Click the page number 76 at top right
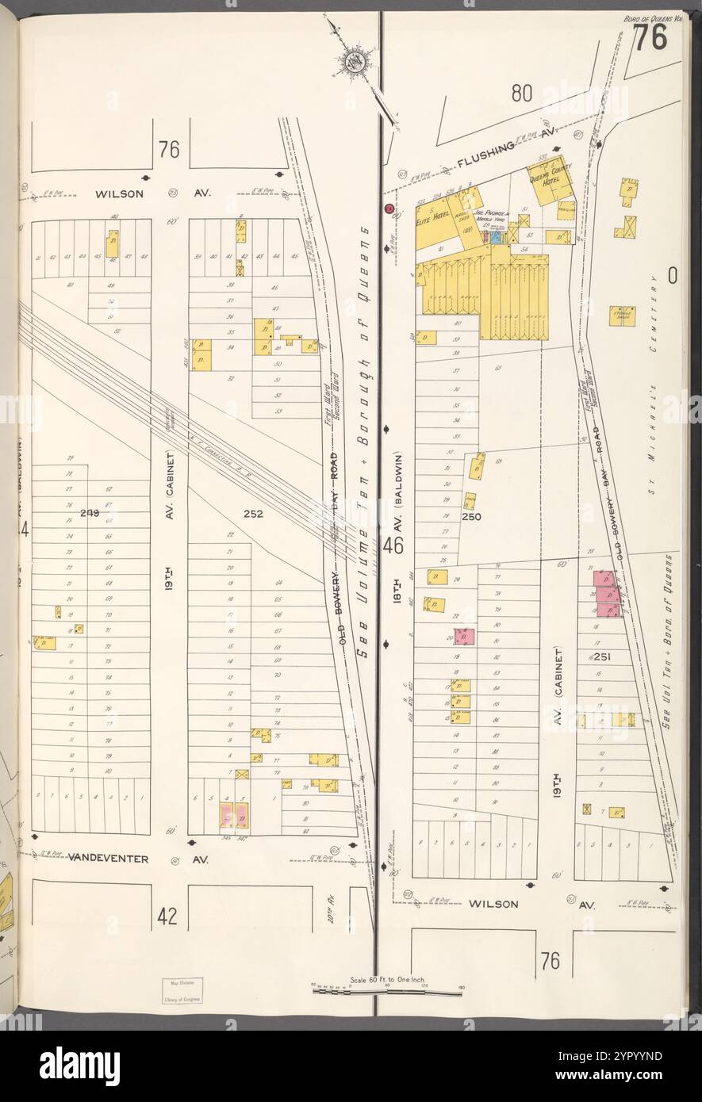pyautogui.click(x=649, y=41)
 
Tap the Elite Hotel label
pyautogui.click(x=435, y=213)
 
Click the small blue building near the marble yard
pyautogui.click(x=496, y=236)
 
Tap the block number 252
pyautogui.click(x=253, y=514)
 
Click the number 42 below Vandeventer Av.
pyautogui.click(x=167, y=916)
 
